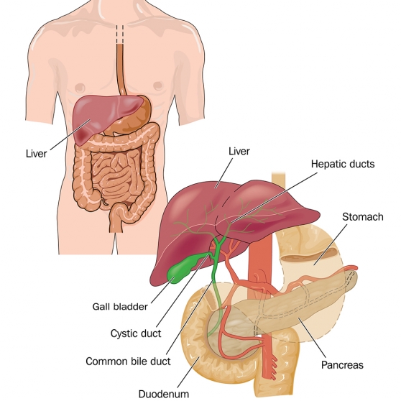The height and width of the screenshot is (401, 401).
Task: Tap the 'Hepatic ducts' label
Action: [343, 164]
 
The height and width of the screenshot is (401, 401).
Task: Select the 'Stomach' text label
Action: [363, 217]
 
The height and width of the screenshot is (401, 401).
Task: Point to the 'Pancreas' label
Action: [342, 365]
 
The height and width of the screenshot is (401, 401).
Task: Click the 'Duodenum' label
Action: [164, 394]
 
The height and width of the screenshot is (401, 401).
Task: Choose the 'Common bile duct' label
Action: [128, 361]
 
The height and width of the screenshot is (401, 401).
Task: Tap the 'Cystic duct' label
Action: [136, 333]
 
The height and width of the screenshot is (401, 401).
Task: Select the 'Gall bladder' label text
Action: [120, 306]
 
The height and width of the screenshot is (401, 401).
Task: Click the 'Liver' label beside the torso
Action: [37, 154]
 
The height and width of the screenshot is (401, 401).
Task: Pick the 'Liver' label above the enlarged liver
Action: [239, 151]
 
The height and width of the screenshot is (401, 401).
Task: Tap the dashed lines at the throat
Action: [119, 34]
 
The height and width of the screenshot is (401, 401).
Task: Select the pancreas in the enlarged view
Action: [294, 304]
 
